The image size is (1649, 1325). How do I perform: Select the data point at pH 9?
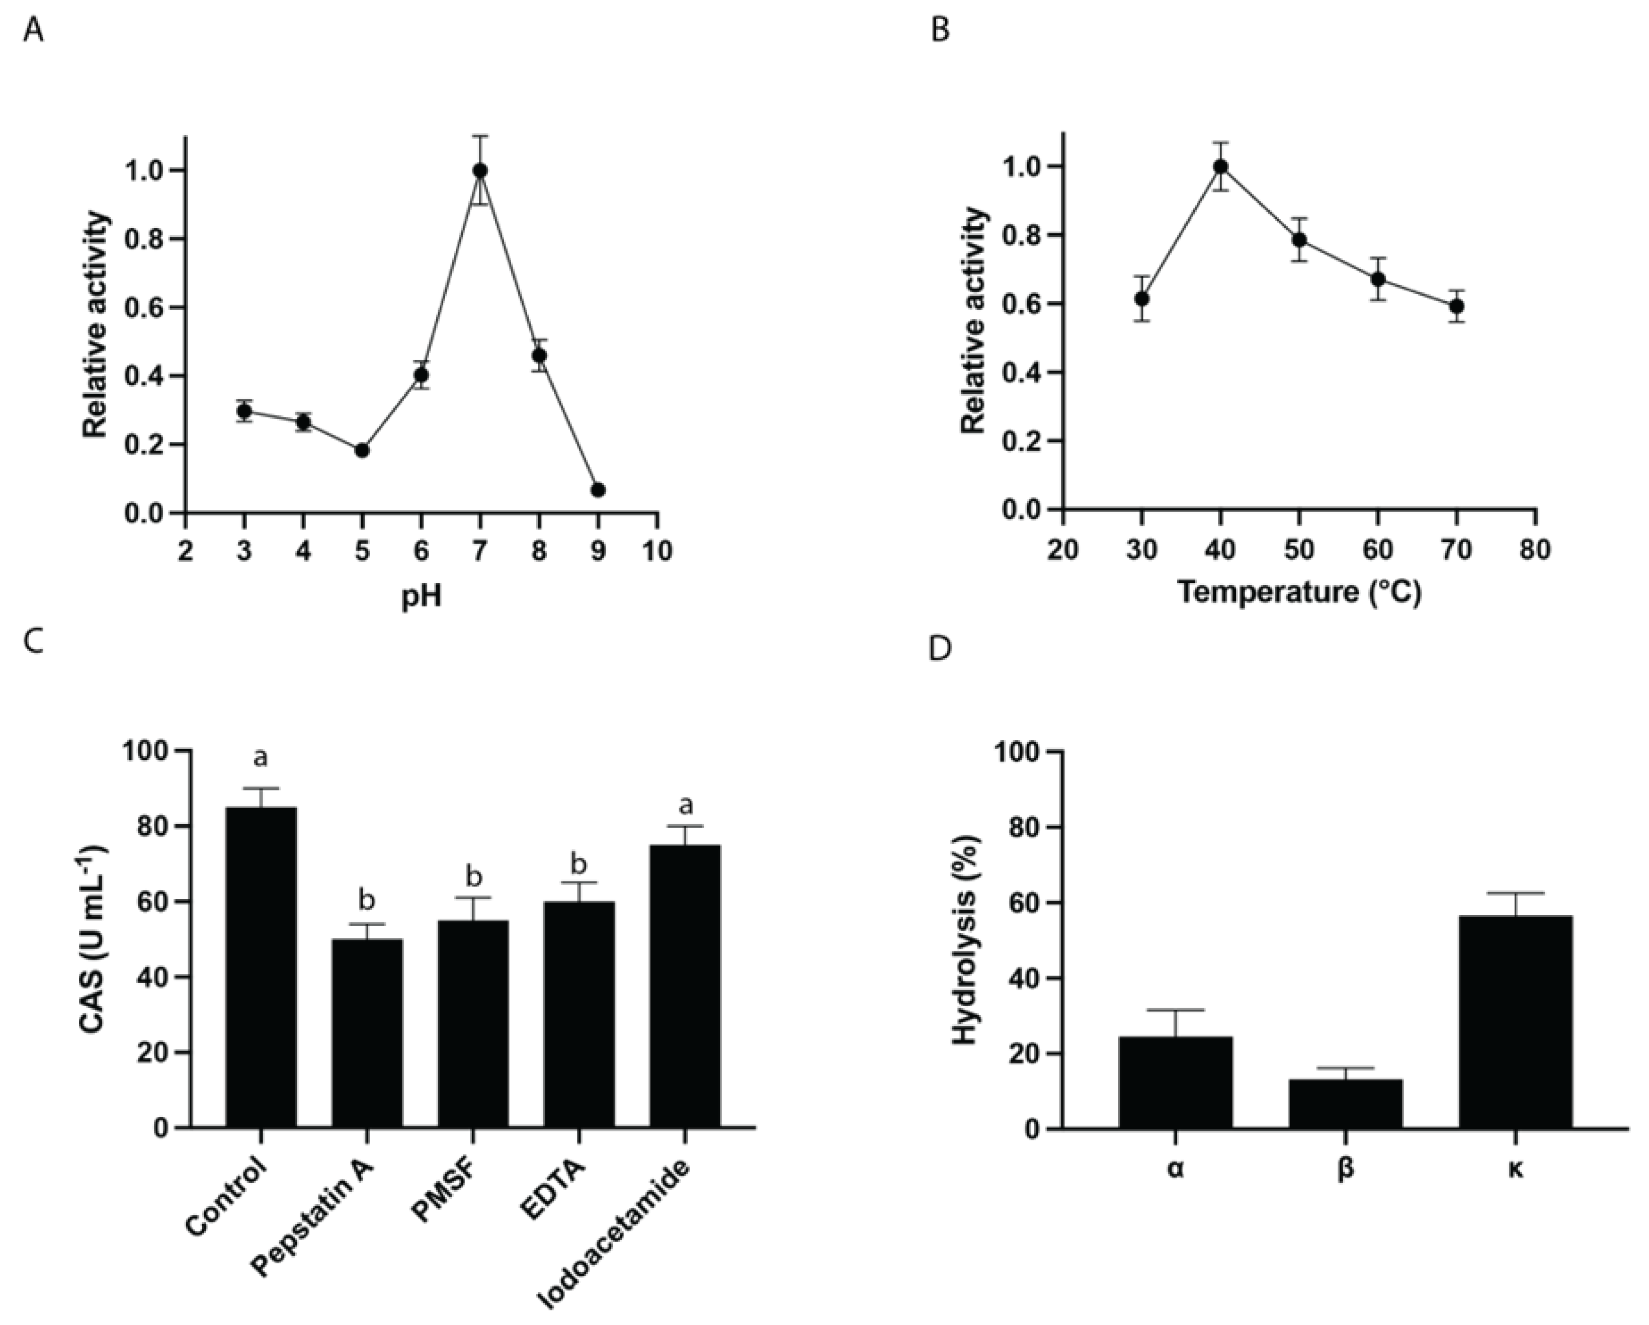pyautogui.click(x=598, y=490)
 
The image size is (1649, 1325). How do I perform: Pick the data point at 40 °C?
pyautogui.click(x=1221, y=166)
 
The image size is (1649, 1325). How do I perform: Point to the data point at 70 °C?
pyautogui.click(x=1457, y=306)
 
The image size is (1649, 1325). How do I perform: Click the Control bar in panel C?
pyautogui.click(x=261, y=967)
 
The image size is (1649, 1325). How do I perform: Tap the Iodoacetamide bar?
pyautogui.click(x=685, y=986)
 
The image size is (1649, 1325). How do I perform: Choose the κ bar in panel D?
pyautogui.click(x=1515, y=1021)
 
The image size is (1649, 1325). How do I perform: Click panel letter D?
pyautogui.click(x=942, y=649)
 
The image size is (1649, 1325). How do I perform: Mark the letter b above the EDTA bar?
pyautogui.click(x=579, y=864)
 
